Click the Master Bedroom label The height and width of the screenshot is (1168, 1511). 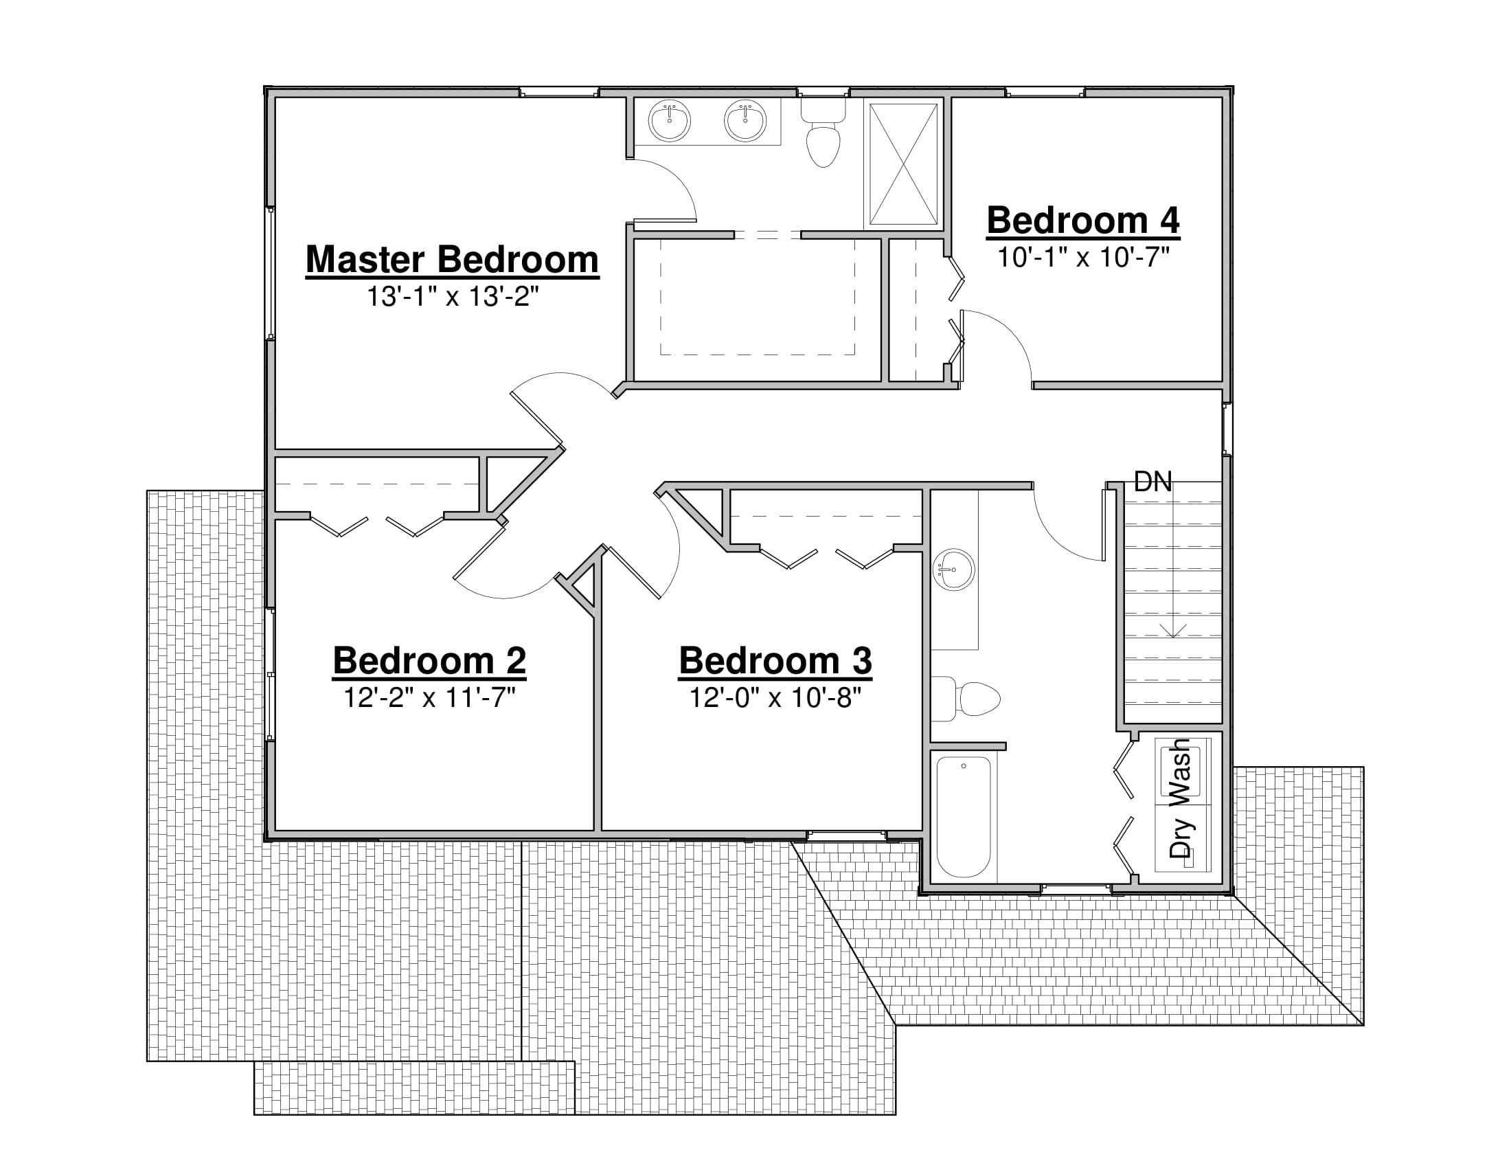tap(453, 260)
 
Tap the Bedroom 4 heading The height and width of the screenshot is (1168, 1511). tap(1083, 221)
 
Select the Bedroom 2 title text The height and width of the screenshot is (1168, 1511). tap(430, 660)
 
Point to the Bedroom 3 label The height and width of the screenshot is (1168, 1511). tap(775, 660)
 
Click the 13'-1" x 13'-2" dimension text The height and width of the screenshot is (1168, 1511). tap(453, 297)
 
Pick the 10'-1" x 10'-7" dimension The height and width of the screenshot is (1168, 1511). tap(1083, 258)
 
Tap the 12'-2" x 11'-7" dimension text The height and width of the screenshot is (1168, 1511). tap(430, 697)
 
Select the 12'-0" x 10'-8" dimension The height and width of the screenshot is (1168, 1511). tap(775, 697)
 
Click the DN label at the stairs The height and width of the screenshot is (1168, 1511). tap(1153, 482)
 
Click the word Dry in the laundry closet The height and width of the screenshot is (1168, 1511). tap(1182, 838)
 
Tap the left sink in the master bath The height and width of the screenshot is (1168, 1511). tap(670, 121)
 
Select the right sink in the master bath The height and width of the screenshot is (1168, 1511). tap(745, 121)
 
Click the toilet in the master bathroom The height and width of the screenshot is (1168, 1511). tap(823, 133)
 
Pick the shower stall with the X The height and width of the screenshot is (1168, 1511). tap(904, 164)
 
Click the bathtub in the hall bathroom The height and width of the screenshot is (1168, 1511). tap(964, 817)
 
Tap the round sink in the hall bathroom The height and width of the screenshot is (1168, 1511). tap(953, 570)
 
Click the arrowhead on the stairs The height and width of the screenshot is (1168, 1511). tap(1173, 631)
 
